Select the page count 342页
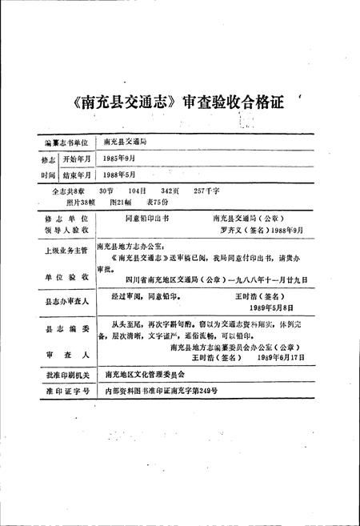[170, 193]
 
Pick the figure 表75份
[167, 203]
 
